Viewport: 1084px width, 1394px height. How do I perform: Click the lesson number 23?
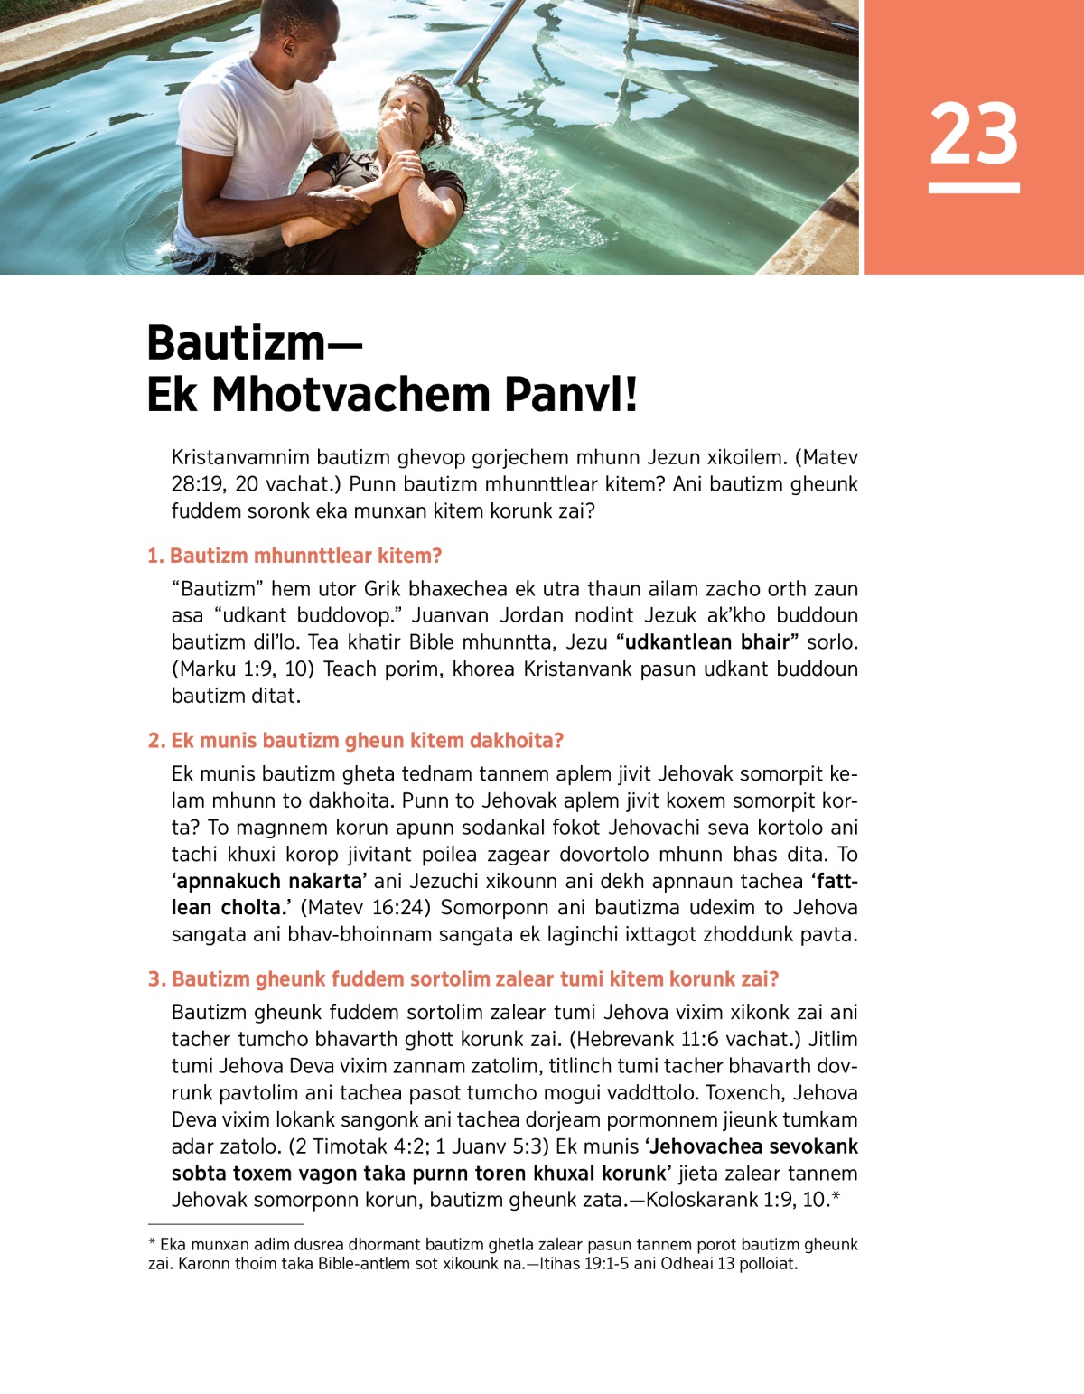974,134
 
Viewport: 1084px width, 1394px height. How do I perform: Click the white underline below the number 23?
974,188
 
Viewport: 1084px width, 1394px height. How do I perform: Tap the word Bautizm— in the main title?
254,343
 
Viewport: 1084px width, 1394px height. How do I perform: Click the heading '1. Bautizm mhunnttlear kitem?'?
294,556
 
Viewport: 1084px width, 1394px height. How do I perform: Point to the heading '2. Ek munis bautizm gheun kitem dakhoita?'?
356,741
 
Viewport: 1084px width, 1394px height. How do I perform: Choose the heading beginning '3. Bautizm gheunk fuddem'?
463,979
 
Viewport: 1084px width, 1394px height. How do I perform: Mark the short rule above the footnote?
226,1224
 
